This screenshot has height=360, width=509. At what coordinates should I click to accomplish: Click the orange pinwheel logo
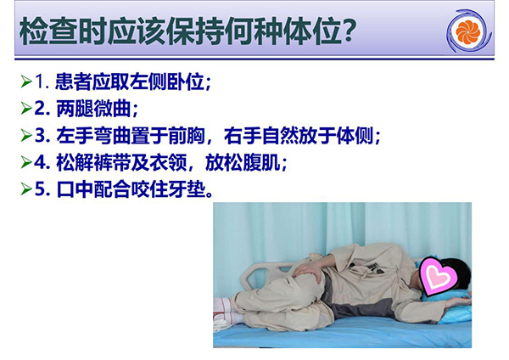point(467,31)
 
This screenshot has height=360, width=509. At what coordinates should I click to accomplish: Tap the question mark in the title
point(348,31)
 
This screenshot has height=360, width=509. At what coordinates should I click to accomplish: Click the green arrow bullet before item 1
point(26,82)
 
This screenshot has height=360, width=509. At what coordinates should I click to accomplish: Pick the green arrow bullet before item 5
point(26,189)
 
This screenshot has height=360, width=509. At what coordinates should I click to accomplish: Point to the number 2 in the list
point(40,109)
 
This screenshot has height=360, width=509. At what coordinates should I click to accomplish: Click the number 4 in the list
point(40,162)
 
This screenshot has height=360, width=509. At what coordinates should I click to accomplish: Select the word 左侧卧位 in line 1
point(166,82)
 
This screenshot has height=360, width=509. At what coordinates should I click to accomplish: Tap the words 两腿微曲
point(93,109)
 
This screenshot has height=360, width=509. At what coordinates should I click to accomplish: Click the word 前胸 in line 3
point(187,136)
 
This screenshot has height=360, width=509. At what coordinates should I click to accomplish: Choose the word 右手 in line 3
point(243,136)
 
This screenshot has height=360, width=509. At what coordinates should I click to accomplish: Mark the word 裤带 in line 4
point(112,162)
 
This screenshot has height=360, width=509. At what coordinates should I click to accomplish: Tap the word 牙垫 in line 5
point(187,189)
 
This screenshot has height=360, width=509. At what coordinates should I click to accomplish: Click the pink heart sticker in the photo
point(439,276)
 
